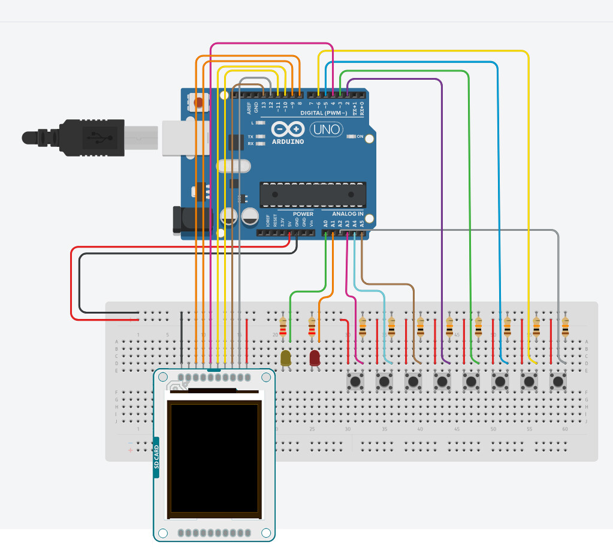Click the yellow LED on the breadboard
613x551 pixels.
pos(286,358)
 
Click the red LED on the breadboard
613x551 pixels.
pos(315,358)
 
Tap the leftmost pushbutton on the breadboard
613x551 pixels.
pos(357,381)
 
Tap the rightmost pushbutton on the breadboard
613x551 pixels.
pos(558,381)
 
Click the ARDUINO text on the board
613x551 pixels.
pos(288,142)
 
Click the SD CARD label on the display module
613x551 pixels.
pos(157,457)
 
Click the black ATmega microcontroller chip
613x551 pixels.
pos(312,194)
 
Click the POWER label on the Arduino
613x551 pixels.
pos(303,214)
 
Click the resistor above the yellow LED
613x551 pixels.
pos(283,327)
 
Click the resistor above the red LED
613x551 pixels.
pos(312,327)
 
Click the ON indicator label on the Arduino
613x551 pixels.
pos(360,137)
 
